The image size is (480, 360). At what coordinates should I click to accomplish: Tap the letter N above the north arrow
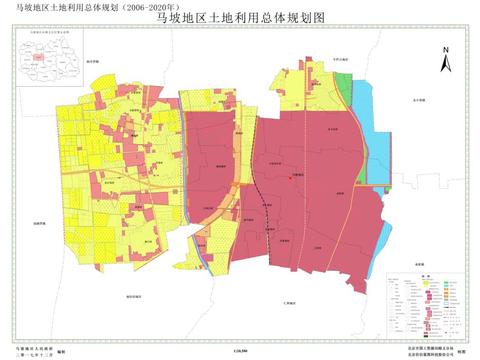tap(450, 46)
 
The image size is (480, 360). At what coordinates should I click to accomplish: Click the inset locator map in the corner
tap(43, 59)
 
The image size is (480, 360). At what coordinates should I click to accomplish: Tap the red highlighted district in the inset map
tap(39, 56)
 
